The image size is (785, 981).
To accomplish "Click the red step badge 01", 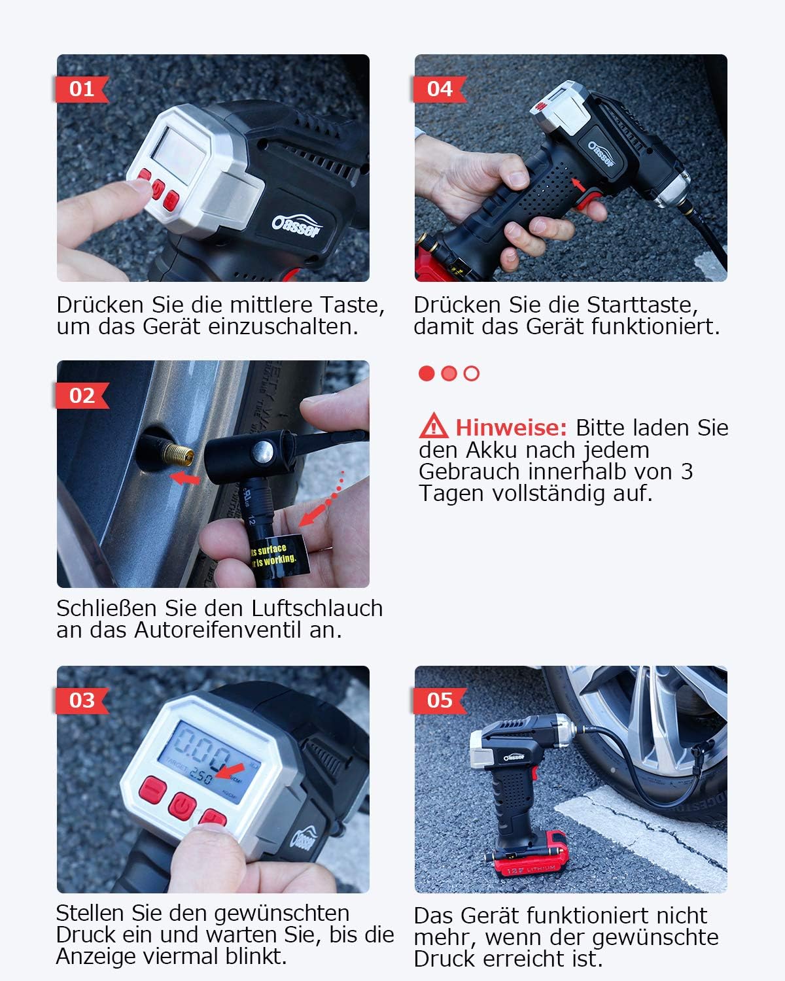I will (x=81, y=89).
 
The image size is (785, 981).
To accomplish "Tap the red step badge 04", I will (x=439, y=89).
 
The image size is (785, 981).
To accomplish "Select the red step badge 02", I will (x=81, y=396).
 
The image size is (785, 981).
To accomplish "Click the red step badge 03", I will (x=81, y=700).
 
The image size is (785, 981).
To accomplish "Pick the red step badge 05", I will (x=439, y=700).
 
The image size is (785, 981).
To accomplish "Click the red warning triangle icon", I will (x=433, y=426).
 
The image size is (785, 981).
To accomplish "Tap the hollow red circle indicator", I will (x=472, y=373).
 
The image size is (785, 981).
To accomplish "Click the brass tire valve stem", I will (x=178, y=452).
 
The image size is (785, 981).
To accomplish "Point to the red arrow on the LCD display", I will (x=230, y=770).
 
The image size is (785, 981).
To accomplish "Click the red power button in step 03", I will (x=183, y=805).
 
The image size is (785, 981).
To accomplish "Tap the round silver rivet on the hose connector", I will (x=264, y=450).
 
